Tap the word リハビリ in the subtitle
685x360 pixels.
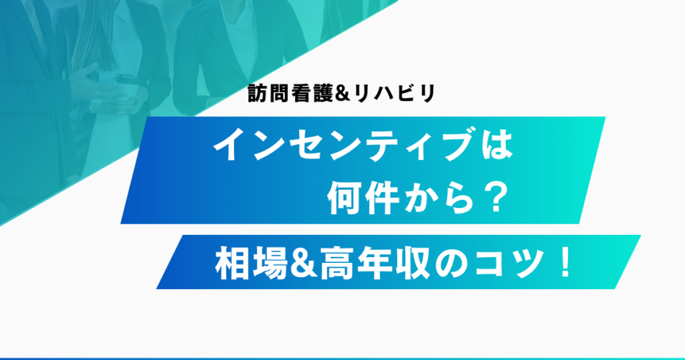(395, 93)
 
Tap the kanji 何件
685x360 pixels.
(363, 199)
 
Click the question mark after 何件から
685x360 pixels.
(496, 199)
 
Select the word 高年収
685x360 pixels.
(373, 263)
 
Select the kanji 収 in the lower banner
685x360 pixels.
(409, 263)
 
